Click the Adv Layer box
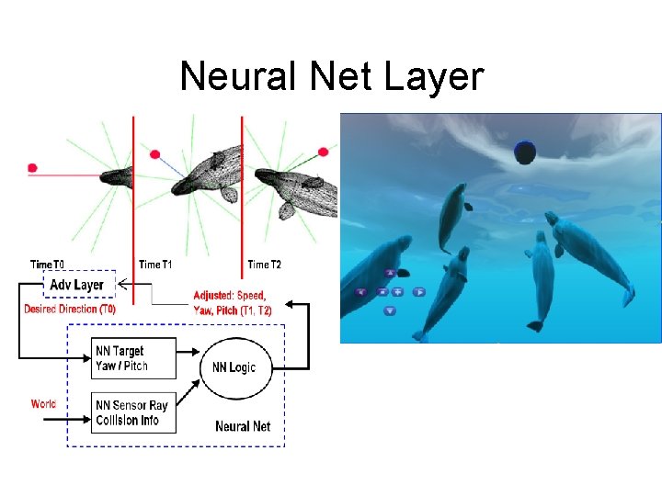(x=77, y=284)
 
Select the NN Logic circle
(x=234, y=367)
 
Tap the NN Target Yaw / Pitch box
(x=134, y=358)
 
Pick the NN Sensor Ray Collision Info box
(x=134, y=412)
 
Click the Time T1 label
(x=155, y=265)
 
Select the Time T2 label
(x=264, y=265)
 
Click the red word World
(x=43, y=404)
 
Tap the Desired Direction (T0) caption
(x=70, y=310)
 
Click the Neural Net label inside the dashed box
(x=243, y=426)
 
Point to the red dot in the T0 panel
(x=32, y=168)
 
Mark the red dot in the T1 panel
(x=154, y=154)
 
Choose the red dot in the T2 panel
(x=324, y=152)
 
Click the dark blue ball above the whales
(x=525, y=152)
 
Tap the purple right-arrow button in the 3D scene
(x=418, y=292)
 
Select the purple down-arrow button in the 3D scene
(x=390, y=310)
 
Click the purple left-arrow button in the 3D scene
(x=360, y=292)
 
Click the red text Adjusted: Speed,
(x=229, y=296)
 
